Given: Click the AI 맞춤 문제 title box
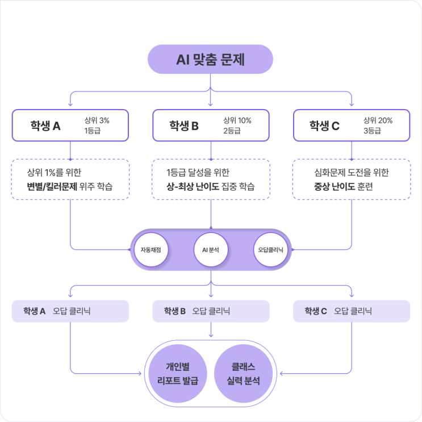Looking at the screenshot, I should (211, 59).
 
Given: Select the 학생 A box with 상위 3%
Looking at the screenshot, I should (70, 126).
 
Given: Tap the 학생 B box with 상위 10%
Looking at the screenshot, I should (211, 126).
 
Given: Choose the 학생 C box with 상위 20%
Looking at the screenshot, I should (351, 126).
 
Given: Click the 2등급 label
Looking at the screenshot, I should (232, 131).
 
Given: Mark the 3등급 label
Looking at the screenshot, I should (372, 131).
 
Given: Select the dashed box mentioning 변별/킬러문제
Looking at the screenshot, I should (70, 179).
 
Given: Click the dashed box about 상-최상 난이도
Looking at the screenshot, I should (211, 179).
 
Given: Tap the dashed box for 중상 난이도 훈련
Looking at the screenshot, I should (351, 179).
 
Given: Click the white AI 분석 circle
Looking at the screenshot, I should (211, 249).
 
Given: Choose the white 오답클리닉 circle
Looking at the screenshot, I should (271, 249).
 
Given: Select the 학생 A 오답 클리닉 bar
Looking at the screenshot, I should (70, 311).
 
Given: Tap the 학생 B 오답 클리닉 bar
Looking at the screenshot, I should (211, 311).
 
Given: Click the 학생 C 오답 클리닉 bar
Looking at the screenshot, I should (351, 311).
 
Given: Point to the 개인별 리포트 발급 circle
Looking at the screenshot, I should (178, 373).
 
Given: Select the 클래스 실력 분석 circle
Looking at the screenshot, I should (244, 373).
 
